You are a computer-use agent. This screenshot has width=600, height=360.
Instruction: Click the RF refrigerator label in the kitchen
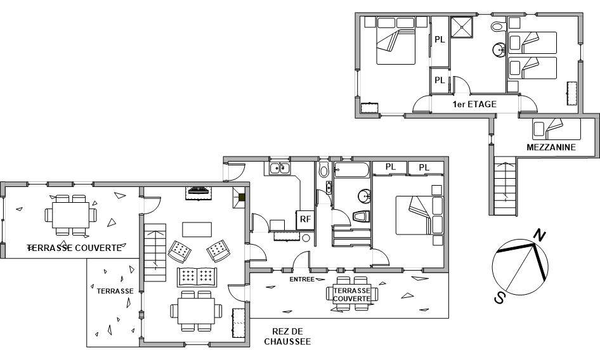pyautogui.click(x=305, y=219)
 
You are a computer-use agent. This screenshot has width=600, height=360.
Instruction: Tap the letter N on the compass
pyautogui.click(x=539, y=235)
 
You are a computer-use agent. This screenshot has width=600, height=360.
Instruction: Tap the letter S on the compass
pyautogui.click(x=499, y=297)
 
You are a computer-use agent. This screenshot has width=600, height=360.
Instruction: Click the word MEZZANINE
pyautogui.click(x=551, y=147)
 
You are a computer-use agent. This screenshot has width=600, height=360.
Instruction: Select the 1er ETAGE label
pyautogui.click(x=474, y=104)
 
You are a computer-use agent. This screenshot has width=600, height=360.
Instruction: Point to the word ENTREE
pyautogui.click(x=302, y=280)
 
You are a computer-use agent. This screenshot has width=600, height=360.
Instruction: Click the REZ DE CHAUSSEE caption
pyautogui.click(x=287, y=337)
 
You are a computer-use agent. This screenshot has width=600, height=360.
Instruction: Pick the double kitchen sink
pyautogui.click(x=279, y=169)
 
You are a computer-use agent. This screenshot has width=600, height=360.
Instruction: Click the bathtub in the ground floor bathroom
pyautogui.click(x=351, y=170)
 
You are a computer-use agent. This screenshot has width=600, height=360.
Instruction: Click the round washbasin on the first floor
pyautogui.click(x=499, y=49)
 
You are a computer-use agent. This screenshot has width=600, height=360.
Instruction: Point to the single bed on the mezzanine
pyautogui.click(x=556, y=129)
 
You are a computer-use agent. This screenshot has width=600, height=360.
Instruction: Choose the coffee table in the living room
pyautogui.click(x=197, y=229)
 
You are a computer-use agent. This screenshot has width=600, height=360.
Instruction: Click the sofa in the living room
pyautogui.click(x=197, y=277)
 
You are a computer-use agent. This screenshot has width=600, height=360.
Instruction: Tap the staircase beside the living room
pyautogui.click(x=155, y=252)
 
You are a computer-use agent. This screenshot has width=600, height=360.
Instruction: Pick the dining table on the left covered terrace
pyautogui.click(x=71, y=215)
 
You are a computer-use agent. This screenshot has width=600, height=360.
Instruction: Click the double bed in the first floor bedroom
pyautogui.click(x=396, y=41)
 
